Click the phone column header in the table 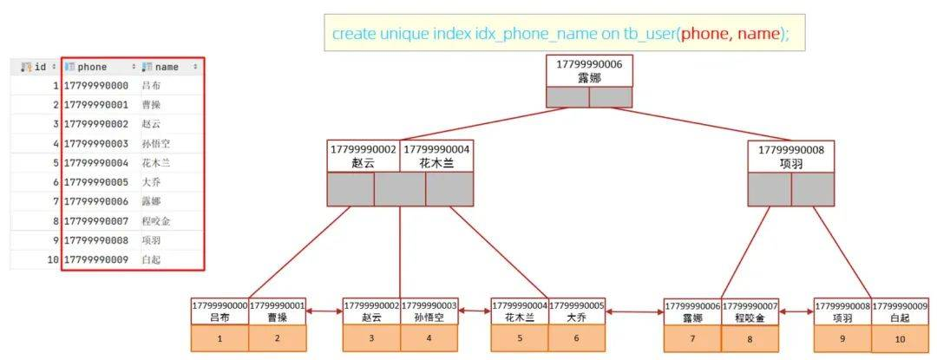(x=101, y=67)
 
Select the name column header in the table (x=171, y=67)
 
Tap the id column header (x=36, y=67)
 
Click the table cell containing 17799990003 (x=96, y=143)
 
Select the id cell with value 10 (x=53, y=259)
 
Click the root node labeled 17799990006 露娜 (x=588, y=71)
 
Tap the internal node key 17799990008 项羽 (x=790, y=156)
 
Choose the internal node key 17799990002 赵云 (x=364, y=156)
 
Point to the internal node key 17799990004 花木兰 (x=436, y=156)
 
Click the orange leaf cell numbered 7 (x=692, y=338)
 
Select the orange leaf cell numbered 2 (x=278, y=338)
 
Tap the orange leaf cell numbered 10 (x=900, y=338)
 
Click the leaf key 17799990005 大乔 (x=577, y=311)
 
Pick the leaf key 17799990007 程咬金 (x=750, y=311)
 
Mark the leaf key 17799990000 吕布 (x=220, y=311)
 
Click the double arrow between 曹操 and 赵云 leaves (x=324, y=311)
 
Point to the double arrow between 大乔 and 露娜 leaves (x=634, y=311)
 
